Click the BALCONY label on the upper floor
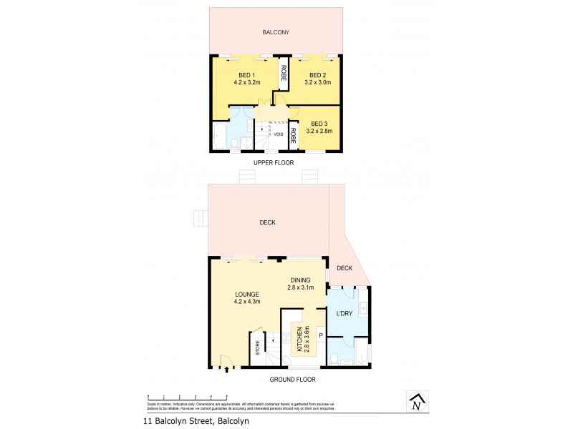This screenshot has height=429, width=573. pos(275,31)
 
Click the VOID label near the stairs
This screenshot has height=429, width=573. pos(278,134)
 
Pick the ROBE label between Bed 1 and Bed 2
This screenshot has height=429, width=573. pos(284,71)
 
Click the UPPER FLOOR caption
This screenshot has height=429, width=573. pos(274,162)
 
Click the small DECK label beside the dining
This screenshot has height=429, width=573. pos(345,268)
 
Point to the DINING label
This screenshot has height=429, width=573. pos(301,280)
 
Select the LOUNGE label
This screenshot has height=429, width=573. pos(246,294)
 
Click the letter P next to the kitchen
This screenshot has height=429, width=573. pos(321,335)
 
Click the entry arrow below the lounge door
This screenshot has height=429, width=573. pos(227,370)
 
